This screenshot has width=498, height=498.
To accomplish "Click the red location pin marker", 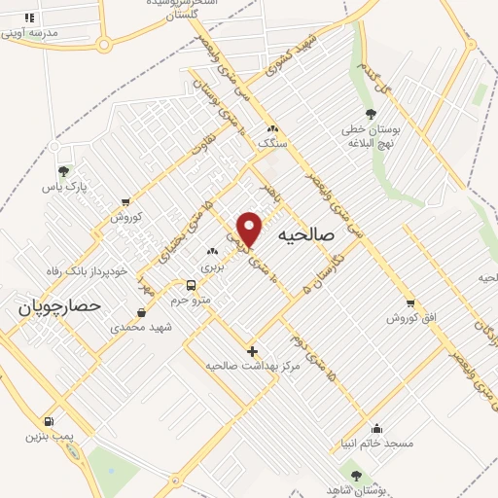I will pyautogui.click(x=251, y=229).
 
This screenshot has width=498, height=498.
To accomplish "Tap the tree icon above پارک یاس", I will pyautogui.click(x=63, y=170).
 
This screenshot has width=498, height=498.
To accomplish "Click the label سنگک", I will pyautogui.click(x=272, y=143).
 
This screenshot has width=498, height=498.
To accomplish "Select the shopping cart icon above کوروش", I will pyautogui.click(x=125, y=202).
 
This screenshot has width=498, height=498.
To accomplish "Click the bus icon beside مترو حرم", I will pyautogui.click(x=191, y=286).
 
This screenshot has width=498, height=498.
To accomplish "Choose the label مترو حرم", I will pyautogui.click(x=192, y=301).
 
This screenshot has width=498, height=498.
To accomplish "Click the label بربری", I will pyautogui.click(x=212, y=266).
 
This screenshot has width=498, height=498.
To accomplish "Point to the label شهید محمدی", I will pyautogui.click(x=141, y=327).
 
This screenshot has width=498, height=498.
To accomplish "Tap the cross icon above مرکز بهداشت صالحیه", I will pyautogui.click(x=253, y=350).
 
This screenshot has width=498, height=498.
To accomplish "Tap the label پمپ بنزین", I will pyautogui.click(x=46, y=437).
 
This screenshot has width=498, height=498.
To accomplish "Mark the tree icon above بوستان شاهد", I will pyautogui.click(x=356, y=475).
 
